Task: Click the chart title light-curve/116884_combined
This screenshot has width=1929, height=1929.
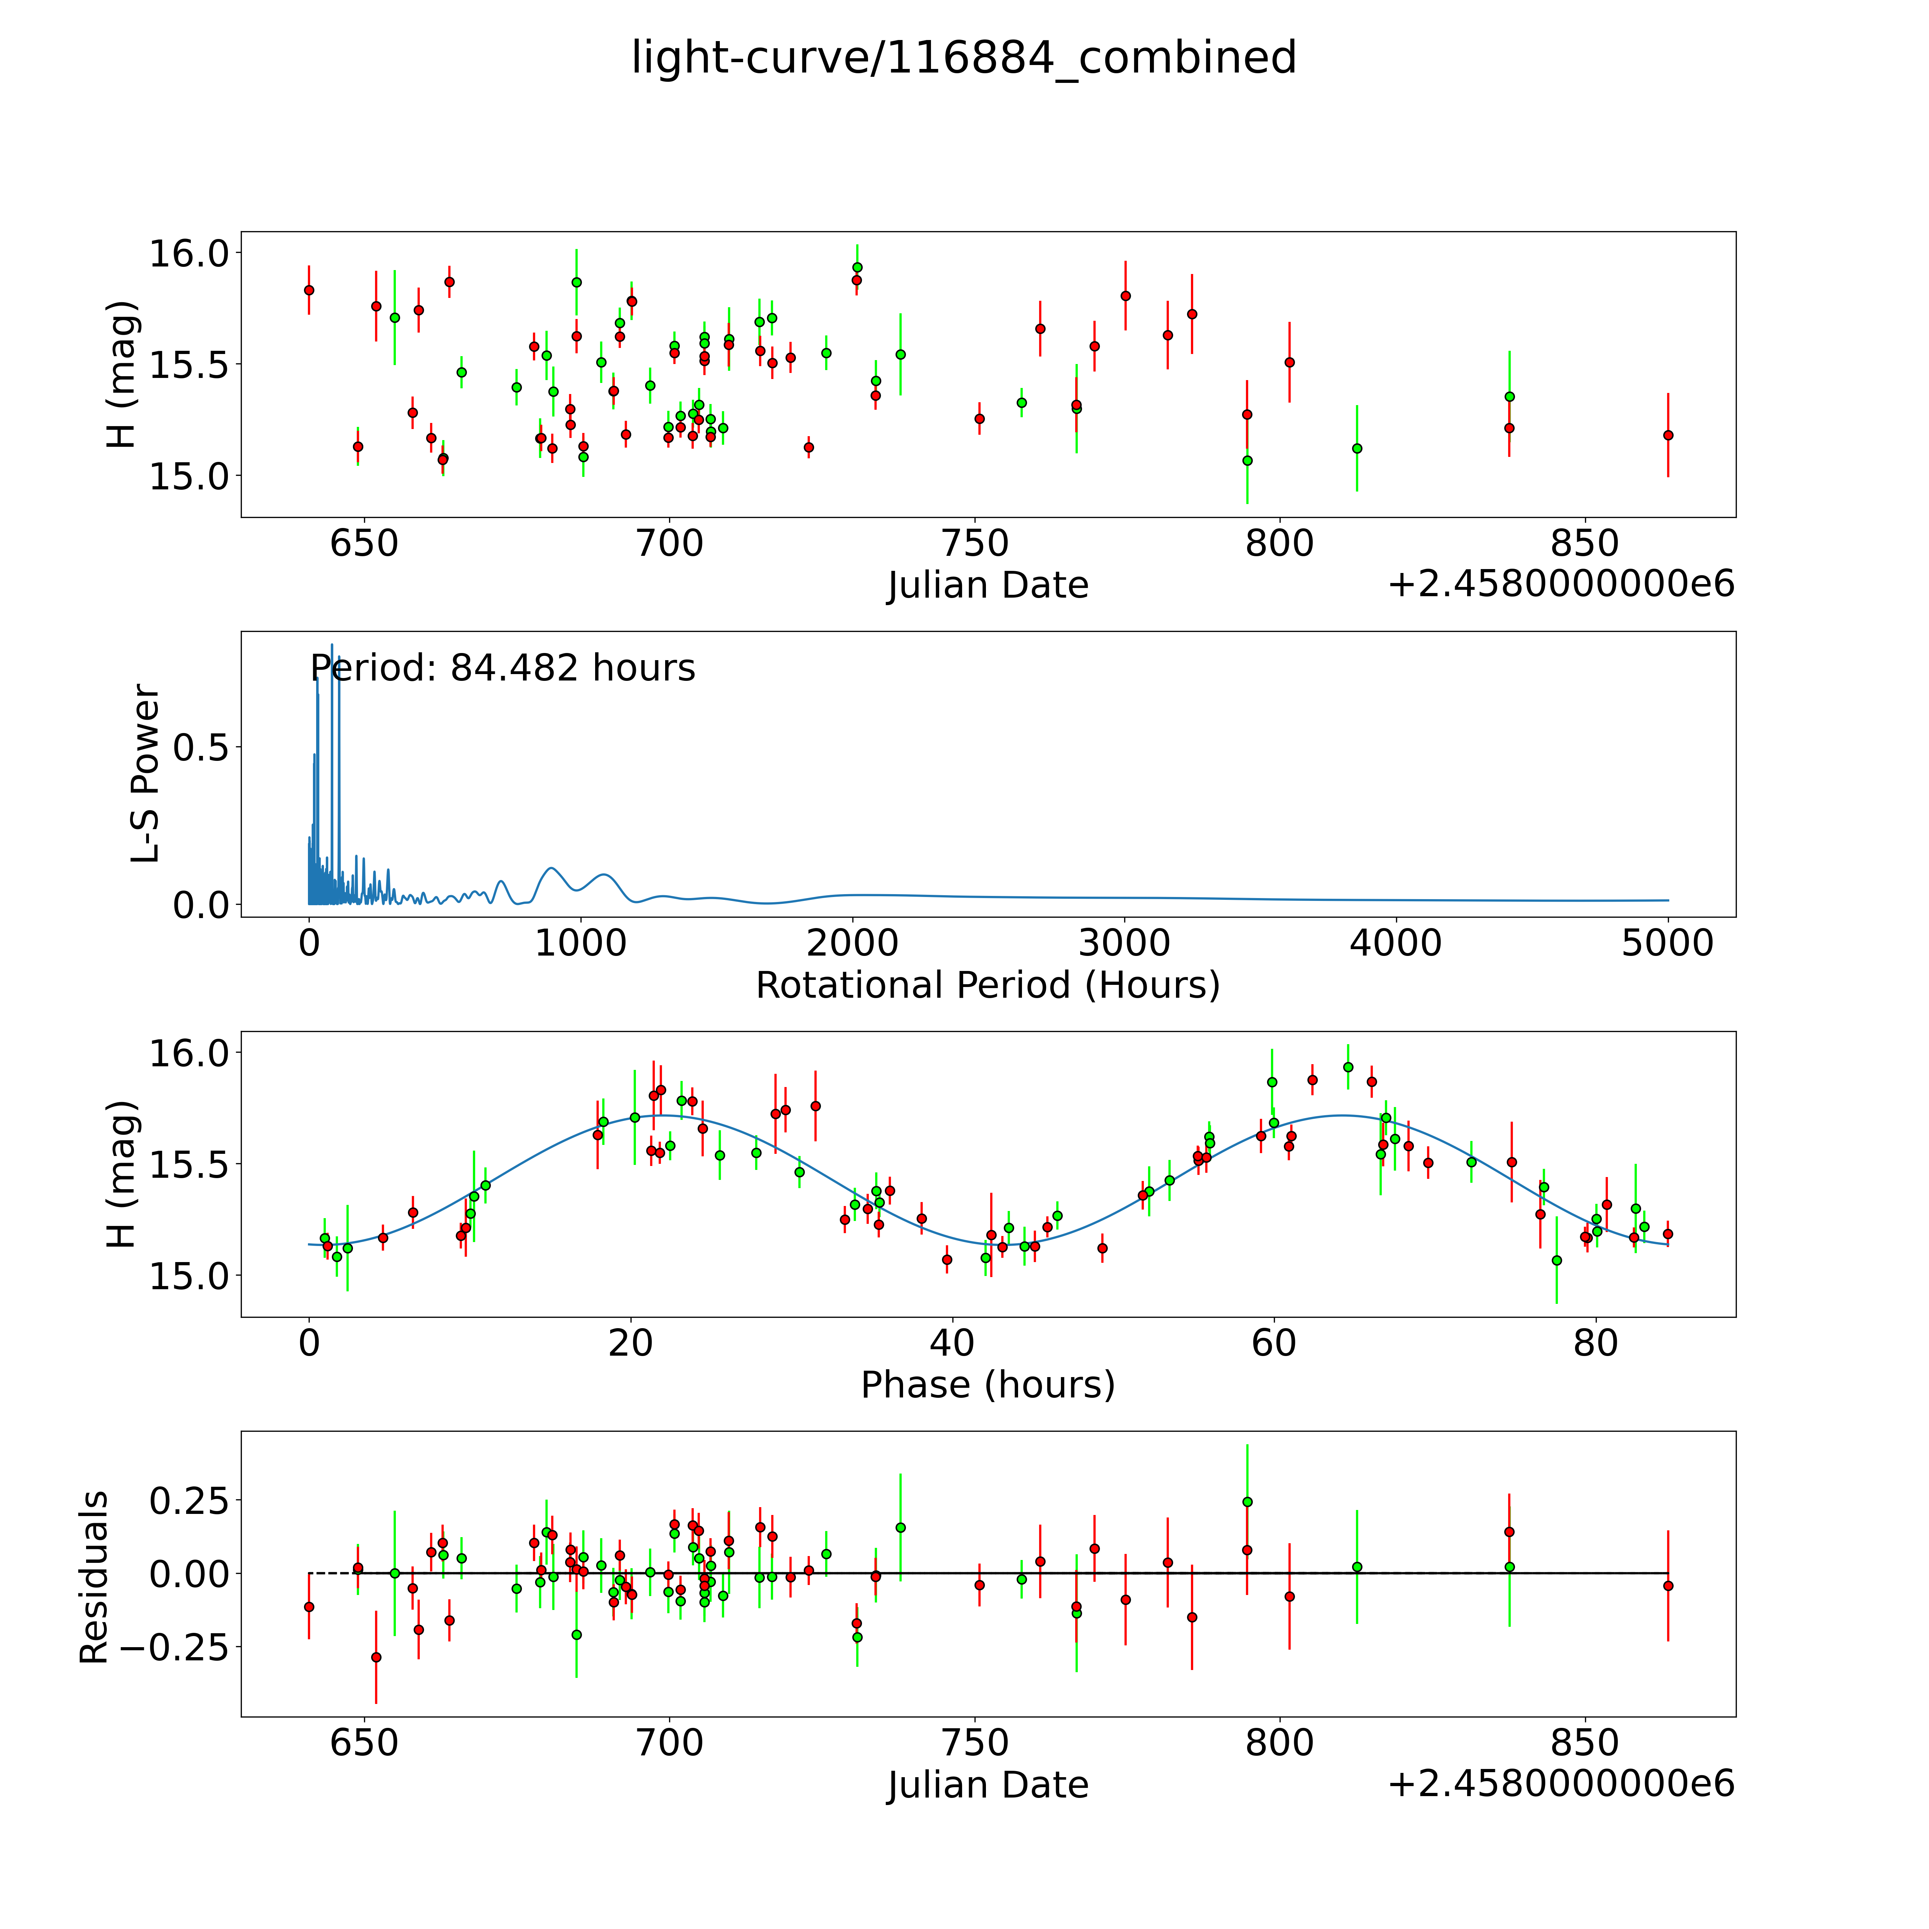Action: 963,58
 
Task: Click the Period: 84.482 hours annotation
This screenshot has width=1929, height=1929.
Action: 502,668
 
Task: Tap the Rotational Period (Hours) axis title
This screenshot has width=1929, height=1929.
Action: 987,986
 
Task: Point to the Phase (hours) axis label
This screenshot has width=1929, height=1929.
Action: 987,1385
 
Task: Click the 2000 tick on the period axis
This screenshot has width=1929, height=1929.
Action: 852,943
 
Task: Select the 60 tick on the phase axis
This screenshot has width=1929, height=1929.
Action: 1273,1344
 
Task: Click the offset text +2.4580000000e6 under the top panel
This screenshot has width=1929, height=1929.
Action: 1561,585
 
